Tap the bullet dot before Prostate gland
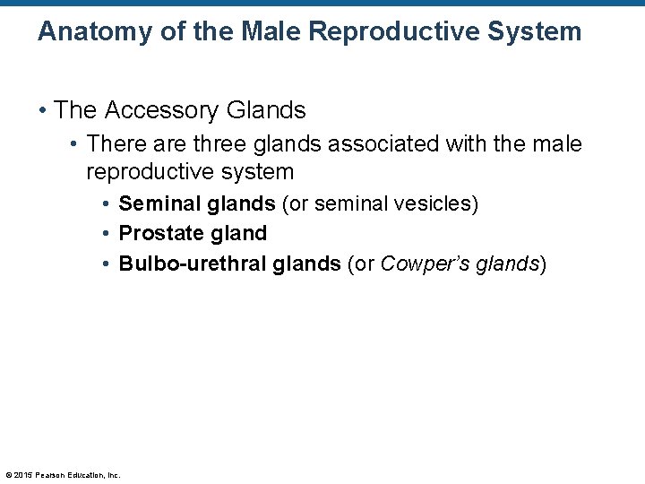click(x=107, y=234)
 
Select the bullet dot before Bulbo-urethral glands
click(x=107, y=264)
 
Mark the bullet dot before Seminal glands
click(x=107, y=204)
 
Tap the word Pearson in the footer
click(x=48, y=474)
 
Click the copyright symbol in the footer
click(x=8, y=474)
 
